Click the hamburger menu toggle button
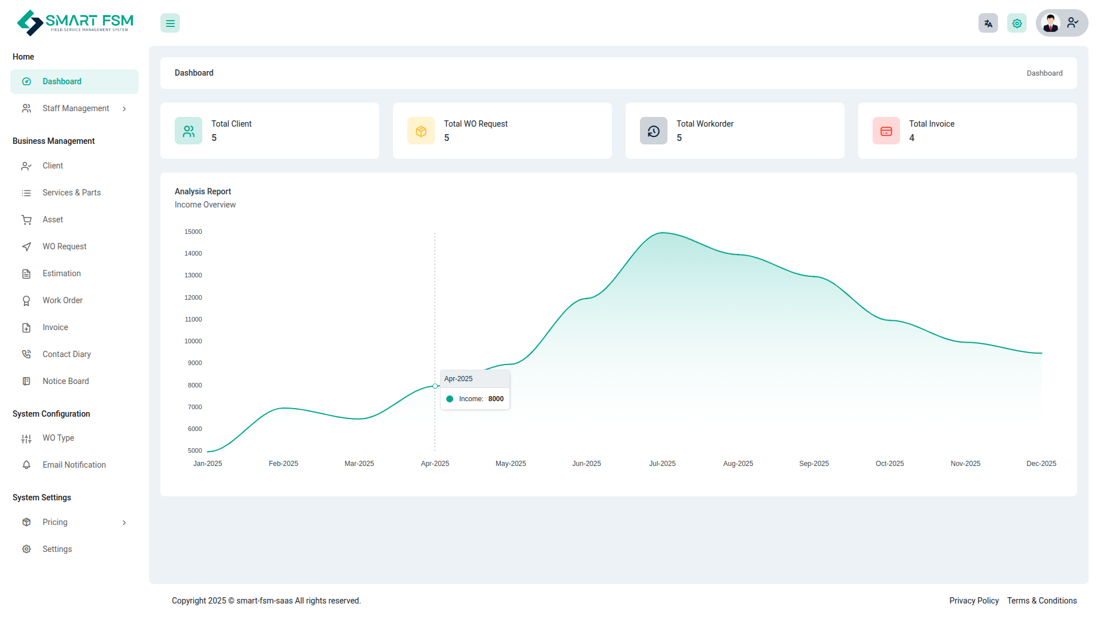coord(170,23)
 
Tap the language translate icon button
coord(988,23)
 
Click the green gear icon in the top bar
coord(1017,23)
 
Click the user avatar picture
coord(1051,23)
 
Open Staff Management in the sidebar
coord(76,108)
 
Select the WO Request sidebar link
coord(64,246)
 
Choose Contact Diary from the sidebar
coord(66,354)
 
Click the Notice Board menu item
coord(65,381)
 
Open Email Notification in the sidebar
coord(74,465)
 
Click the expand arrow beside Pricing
coord(124,523)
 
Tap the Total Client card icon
coord(188,131)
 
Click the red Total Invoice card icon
coord(886,131)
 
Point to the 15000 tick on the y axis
coord(193,232)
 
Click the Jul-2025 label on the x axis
coord(662,464)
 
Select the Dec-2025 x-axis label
coord(1041,464)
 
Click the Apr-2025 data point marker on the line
coord(435,386)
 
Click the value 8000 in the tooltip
coord(496,399)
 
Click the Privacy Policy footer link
coord(974,601)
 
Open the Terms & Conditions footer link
coord(1042,601)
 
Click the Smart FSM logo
coord(75,23)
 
